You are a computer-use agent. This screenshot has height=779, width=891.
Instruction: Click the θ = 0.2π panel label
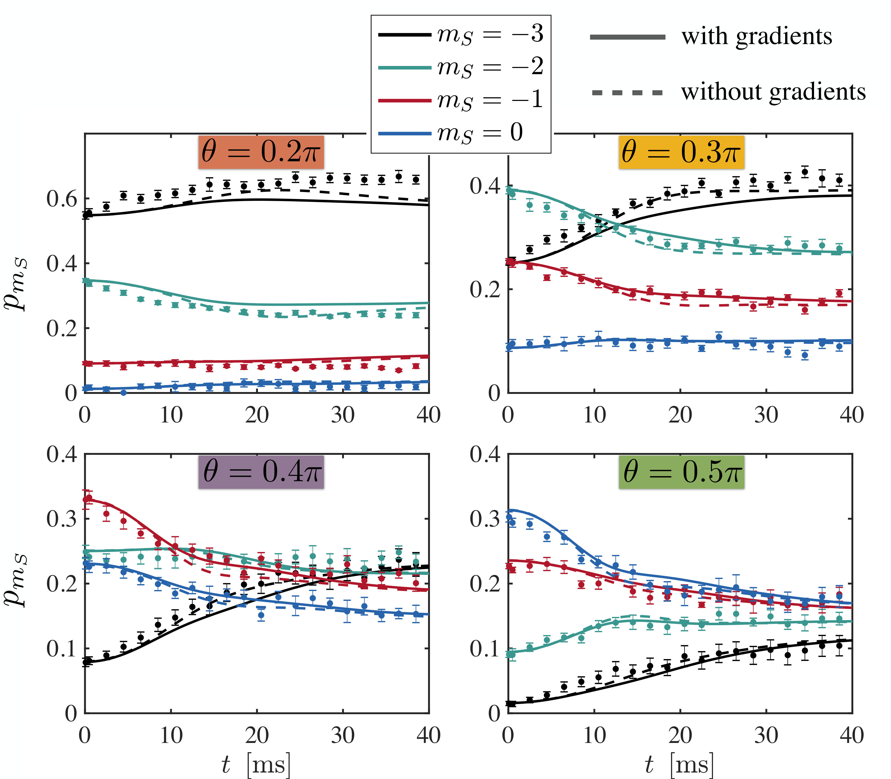pyautogui.click(x=261, y=152)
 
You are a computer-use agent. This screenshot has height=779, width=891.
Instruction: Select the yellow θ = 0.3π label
pyautogui.click(x=681, y=152)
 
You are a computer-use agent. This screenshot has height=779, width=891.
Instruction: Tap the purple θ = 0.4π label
pyautogui.click(x=261, y=472)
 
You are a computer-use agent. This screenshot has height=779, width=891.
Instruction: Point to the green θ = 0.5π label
pyautogui.click(x=681, y=472)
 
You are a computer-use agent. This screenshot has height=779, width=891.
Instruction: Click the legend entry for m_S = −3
pyautogui.click(x=461, y=34)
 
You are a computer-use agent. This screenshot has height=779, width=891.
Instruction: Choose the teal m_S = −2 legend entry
pyautogui.click(x=461, y=67)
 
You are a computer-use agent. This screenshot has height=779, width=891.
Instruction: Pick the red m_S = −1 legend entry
pyautogui.click(x=461, y=100)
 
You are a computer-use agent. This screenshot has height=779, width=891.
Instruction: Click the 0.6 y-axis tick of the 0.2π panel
pyautogui.click(x=61, y=199)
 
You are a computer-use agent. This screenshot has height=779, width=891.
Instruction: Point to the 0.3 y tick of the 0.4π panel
pyautogui.click(x=61, y=519)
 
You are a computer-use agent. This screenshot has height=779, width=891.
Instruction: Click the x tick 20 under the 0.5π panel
pyautogui.click(x=680, y=735)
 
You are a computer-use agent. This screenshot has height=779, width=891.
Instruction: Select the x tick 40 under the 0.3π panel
pyautogui.click(x=852, y=415)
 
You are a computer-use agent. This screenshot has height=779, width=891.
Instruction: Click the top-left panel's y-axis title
pyautogui.click(x=16, y=284)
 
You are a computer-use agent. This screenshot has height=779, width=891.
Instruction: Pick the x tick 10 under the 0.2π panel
pyautogui.click(x=171, y=415)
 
